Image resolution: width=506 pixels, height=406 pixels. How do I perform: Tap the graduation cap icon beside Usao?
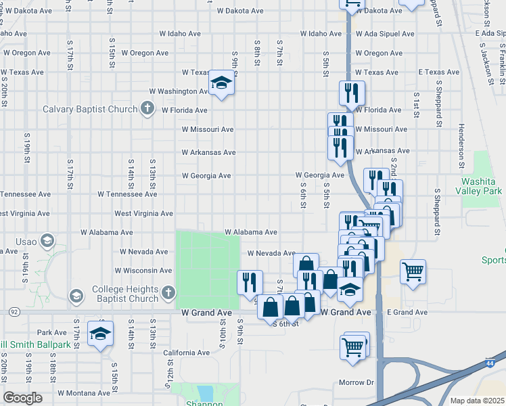(x=47, y=240)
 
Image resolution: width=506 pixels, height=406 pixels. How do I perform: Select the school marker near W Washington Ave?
(x=221, y=83)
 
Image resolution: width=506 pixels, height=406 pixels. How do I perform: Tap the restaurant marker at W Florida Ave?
(x=351, y=93)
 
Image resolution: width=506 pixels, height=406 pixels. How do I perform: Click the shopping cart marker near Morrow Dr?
(x=354, y=347)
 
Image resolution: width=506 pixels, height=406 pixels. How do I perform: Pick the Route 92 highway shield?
(x=14, y=312)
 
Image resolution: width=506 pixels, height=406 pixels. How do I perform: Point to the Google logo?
(x=22, y=397)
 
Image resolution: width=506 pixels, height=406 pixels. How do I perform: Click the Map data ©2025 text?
(x=476, y=401)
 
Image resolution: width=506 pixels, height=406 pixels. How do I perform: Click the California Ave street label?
(x=186, y=353)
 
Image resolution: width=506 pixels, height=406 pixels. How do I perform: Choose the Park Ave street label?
(x=53, y=332)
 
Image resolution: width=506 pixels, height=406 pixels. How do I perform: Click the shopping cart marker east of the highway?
(x=412, y=272)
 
